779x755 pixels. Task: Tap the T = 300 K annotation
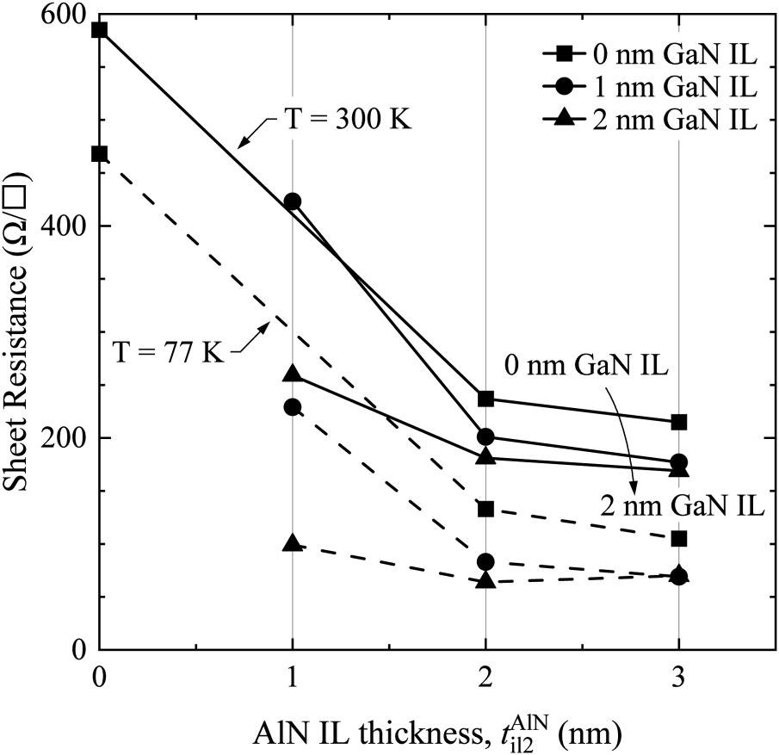point(349,119)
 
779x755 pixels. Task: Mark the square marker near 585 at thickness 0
point(99,30)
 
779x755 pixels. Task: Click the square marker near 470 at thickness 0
point(99,154)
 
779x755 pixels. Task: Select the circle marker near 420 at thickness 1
point(293,201)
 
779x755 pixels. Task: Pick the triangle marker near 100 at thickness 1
point(293,543)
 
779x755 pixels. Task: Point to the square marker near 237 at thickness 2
point(485,399)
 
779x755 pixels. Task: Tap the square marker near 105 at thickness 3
point(679,538)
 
